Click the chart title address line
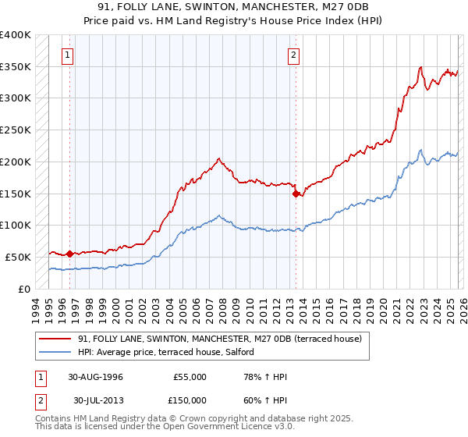233,7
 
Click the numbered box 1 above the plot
69,55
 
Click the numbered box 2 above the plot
294,55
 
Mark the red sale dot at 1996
69,254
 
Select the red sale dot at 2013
296,194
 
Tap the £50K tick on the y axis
19,257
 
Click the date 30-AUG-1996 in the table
94,377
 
